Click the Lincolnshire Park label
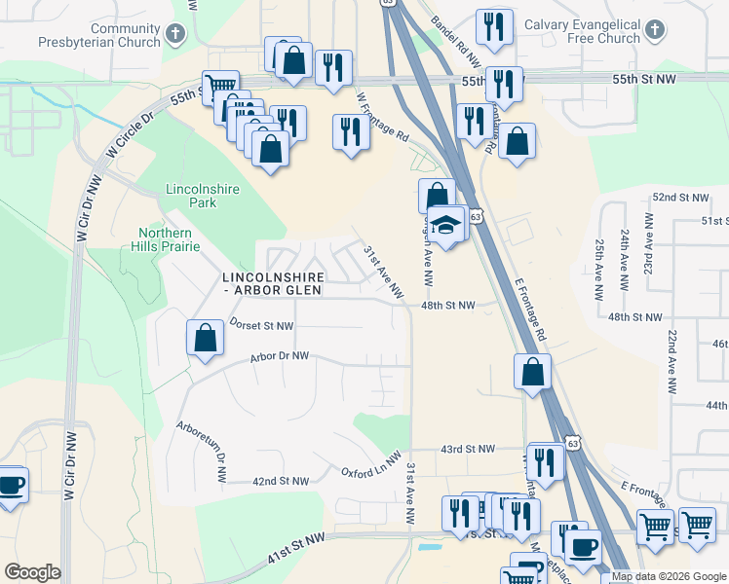click(x=191, y=196)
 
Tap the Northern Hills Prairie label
click(x=164, y=239)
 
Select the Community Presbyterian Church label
click(x=98, y=36)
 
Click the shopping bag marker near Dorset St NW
click(x=206, y=339)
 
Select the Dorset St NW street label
click(x=260, y=324)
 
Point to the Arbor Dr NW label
click(x=279, y=356)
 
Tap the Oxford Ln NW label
click(x=370, y=464)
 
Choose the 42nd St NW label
click(x=280, y=481)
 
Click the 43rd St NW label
click(x=468, y=449)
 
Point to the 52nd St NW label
click(x=678, y=197)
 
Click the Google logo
click(x=32, y=572)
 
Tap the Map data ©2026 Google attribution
click(x=669, y=576)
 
